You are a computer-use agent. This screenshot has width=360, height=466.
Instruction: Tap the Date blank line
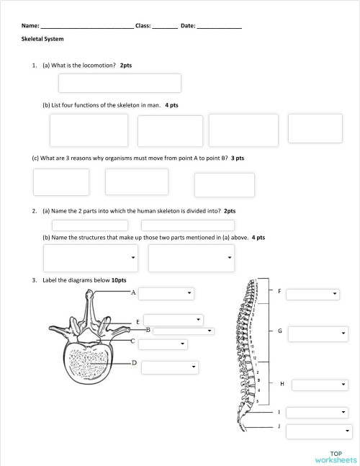pyautogui.click(x=219, y=26)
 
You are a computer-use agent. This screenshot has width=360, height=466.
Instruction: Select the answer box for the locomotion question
pyautogui.click(x=120, y=84)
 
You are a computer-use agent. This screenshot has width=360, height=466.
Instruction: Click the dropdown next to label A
pyautogui.click(x=166, y=293)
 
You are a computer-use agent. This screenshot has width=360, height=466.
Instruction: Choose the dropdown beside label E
pyautogui.click(x=173, y=319)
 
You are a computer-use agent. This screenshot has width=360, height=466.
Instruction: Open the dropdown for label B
pyautogui.click(x=184, y=331)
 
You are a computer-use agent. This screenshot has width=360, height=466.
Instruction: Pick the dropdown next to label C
pyautogui.click(x=163, y=344)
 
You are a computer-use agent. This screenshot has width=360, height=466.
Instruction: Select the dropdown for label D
pyautogui.click(x=169, y=367)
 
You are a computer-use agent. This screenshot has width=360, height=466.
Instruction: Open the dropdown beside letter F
pyautogui.click(x=312, y=294)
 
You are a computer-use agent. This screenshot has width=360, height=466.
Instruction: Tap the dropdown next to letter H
pyautogui.click(x=318, y=385)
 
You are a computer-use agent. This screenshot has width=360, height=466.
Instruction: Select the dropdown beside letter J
pyautogui.click(x=318, y=431)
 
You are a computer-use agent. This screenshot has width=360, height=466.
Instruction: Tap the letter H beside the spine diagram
pyautogui.click(x=282, y=384)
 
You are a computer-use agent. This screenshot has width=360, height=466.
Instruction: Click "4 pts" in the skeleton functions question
pyautogui.click(x=171, y=105)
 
